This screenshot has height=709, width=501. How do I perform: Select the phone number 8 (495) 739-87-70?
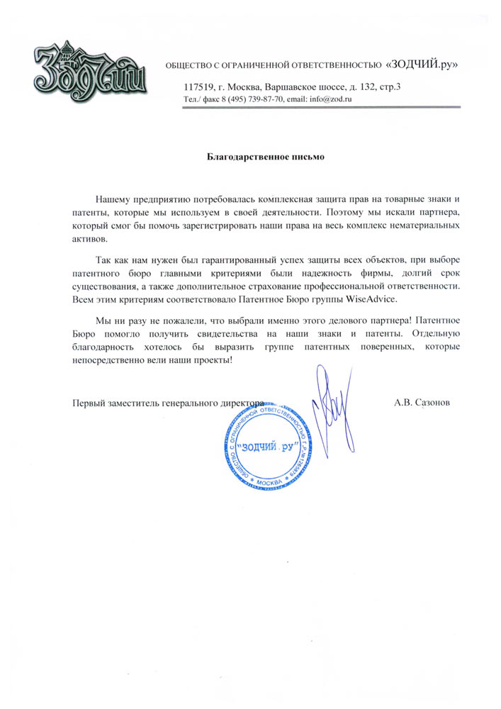coord(251,99)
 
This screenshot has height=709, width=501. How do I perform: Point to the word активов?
coord(89,239)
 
